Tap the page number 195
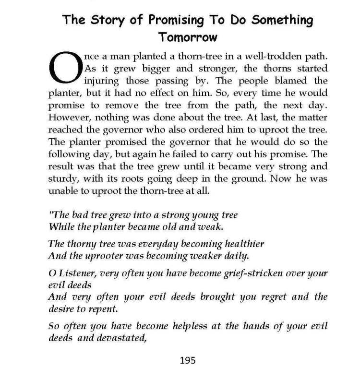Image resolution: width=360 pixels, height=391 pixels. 188,360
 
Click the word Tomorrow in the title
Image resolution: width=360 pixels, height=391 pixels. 188,37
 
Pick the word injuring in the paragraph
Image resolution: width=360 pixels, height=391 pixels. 103,81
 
